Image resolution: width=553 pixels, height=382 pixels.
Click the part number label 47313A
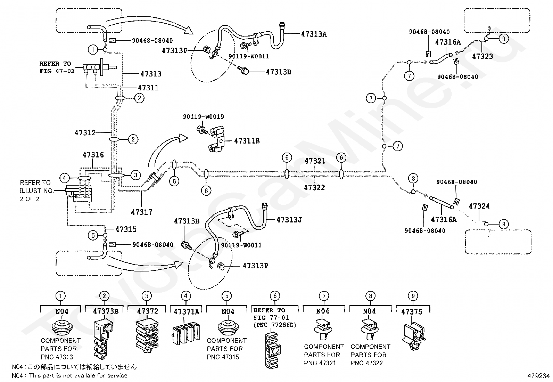tap(314, 34)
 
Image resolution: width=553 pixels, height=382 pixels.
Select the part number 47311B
tap(247, 141)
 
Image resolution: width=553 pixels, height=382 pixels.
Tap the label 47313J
tap(289, 220)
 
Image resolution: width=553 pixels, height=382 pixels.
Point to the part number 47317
tap(141, 212)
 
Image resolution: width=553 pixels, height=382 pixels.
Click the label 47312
tap(85, 133)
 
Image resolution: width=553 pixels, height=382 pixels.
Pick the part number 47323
tap(482, 56)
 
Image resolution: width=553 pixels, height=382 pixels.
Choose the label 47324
tap(479, 206)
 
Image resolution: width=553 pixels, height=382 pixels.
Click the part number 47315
tap(126, 229)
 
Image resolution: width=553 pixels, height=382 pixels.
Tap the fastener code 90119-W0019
tap(204, 117)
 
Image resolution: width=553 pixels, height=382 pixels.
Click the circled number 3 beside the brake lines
tap(135, 175)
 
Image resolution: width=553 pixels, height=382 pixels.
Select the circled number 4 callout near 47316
tap(64, 178)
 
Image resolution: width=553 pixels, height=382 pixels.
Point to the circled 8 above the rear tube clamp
tap(413, 178)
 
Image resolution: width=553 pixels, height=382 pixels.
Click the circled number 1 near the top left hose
tap(93, 50)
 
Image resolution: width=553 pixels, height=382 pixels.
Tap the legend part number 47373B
tap(106, 311)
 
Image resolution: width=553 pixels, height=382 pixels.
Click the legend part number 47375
tap(412, 312)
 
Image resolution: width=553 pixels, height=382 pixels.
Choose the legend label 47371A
tap(187, 312)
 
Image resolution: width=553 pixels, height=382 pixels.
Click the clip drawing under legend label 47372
tap(147, 336)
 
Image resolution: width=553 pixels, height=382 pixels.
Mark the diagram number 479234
tap(539, 376)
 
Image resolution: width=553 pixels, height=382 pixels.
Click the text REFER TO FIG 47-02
tap(57, 67)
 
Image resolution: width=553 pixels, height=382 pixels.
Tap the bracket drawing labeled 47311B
tap(216, 140)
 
